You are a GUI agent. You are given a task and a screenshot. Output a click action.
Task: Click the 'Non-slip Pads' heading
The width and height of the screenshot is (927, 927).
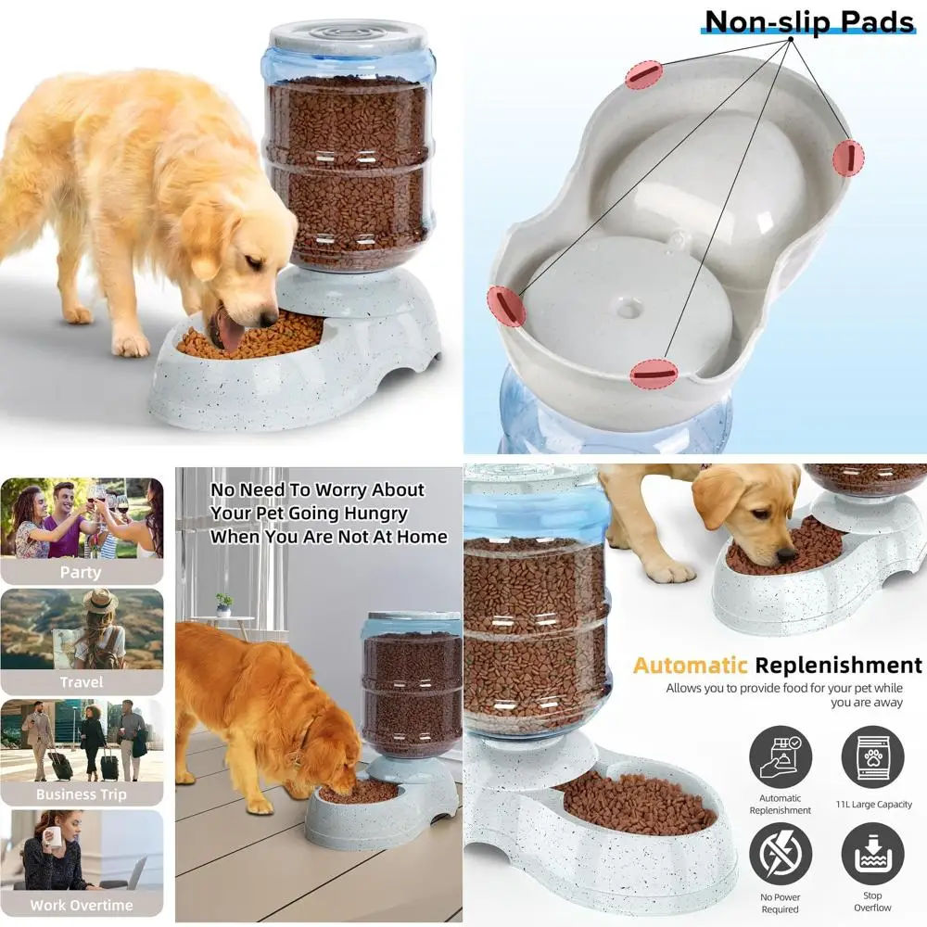click(x=808, y=21)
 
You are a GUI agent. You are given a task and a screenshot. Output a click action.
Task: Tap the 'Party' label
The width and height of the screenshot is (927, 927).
click(x=81, y=572)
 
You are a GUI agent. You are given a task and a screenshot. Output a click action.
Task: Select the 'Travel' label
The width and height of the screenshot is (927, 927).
click(x=81, y=681)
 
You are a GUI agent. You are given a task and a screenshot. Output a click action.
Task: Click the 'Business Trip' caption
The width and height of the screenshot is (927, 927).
click(x=81, y=794)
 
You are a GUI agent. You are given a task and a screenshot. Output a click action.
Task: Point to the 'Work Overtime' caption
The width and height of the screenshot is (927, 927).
click(x=81, y=905)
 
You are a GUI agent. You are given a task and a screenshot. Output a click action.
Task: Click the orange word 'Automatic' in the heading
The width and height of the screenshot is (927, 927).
click(x=690, y=666)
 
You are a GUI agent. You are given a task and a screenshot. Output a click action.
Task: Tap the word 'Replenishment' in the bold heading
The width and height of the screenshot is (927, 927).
click(x=838, y=666)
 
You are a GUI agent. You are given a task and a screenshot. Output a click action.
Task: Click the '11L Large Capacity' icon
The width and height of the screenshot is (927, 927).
click(x=872, y=756)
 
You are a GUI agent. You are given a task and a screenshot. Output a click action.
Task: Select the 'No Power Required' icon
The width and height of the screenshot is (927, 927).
click(x=780, y=855)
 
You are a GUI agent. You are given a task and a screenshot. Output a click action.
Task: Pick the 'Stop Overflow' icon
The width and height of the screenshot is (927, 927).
click(x=872, y=855)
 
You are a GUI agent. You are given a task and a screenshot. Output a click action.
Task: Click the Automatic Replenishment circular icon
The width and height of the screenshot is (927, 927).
click(x=780, y=756)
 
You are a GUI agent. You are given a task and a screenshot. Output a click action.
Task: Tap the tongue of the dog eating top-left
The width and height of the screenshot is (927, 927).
click(x=226, y=328)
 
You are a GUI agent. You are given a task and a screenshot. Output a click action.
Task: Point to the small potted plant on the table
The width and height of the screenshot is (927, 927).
click(x=223, y=603)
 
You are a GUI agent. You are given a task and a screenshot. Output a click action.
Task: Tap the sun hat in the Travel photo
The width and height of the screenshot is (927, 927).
click(x=99, y=601)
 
